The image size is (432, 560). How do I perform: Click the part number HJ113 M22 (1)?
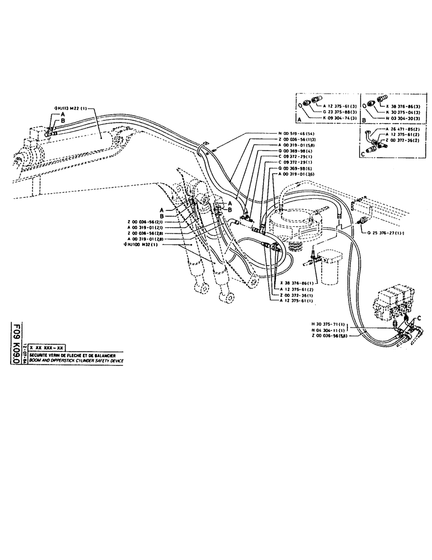[71, 108]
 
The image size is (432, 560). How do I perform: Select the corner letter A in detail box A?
[300, 119]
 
